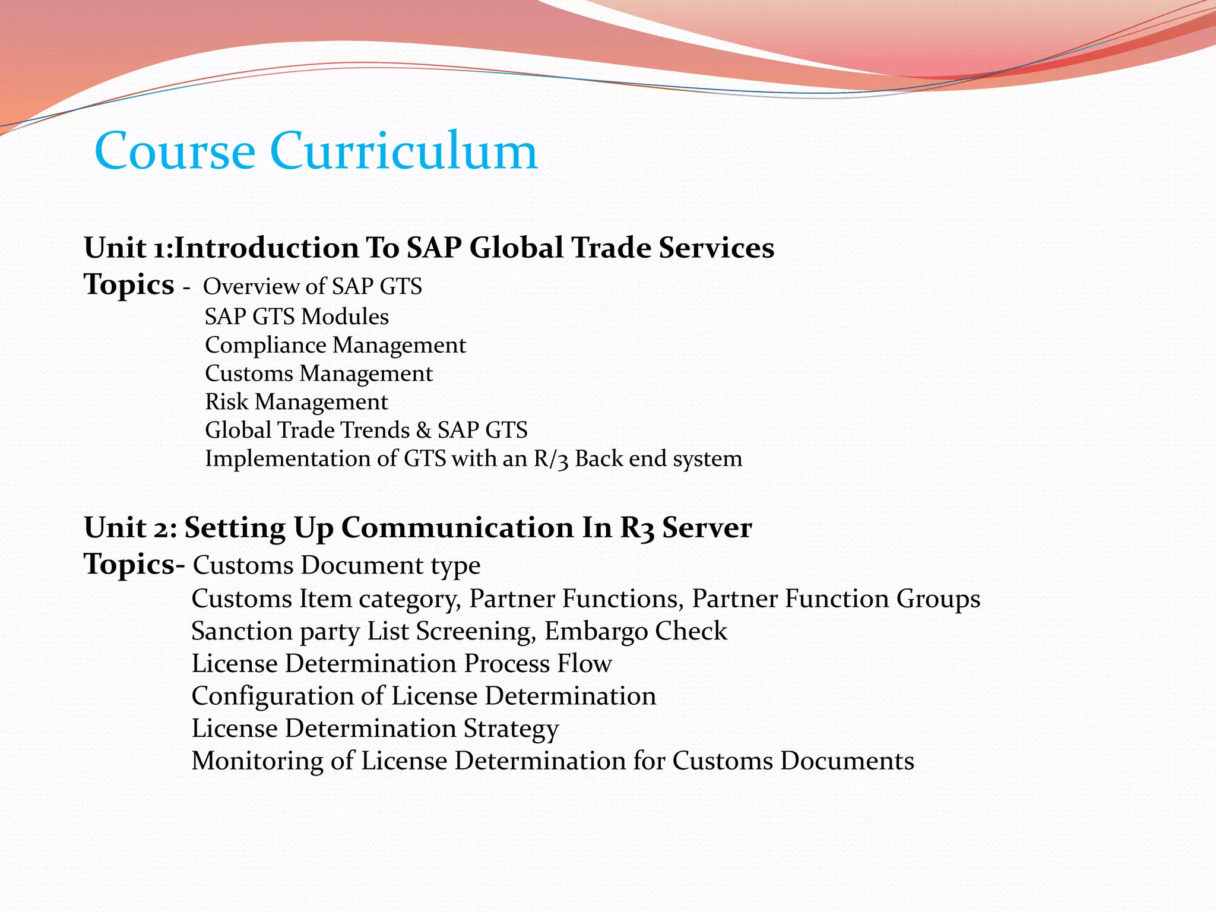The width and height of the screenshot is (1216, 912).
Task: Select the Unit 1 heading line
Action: pyautogui.click(x=429, y=248)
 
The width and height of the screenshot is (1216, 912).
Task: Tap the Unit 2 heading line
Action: pyautogui.click(x=417, y=527)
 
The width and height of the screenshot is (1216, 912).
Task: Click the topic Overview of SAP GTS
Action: pyautogui.click(x=312, y=286)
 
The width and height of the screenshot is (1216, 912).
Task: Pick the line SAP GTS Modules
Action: pyautogui.click(x=297, y=316)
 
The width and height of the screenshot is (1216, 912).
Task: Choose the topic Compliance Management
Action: pyautogui.click(x=335, y=345)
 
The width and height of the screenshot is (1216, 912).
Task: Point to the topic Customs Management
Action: pyautogui.click(x=319, y=373)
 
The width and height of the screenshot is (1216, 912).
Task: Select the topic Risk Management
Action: pyautogui.click(x=296, y=402)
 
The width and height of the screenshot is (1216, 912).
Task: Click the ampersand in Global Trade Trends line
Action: pyautogui.click(x=423, y=430)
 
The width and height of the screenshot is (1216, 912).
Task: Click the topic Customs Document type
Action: pyautogui.click(x=337, y=565)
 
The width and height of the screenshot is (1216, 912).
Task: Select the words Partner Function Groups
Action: pyautogui.click(x=836, y=598)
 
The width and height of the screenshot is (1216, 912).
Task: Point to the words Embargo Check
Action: pyautogui.click(x=635, y=631)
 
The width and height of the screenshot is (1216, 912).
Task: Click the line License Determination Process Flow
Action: pyautogui.click(x=401, y=663)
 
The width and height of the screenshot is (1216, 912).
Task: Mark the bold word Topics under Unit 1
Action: pyautogui.click(x=129, y=284)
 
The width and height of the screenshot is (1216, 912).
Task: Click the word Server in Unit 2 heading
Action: pyautogui.click(x=707, y=527)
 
